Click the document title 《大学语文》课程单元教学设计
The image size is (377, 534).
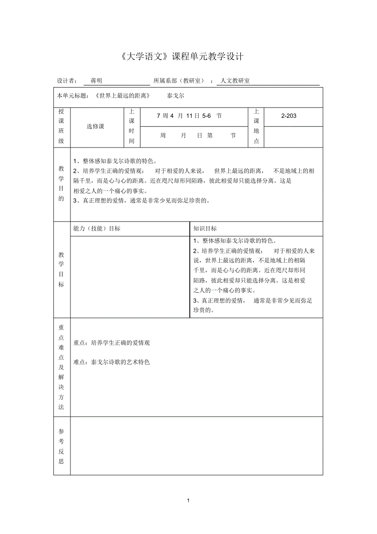pyautogui.click(x=183, y=57)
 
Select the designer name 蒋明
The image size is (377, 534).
pyautogui.click(x=96, y=81)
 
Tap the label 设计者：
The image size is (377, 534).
pyautogui.click(x=66, y=81)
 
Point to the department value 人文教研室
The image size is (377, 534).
pyautogui.click(x=235, y=81)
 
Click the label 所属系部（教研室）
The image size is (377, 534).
pyautogui.click(x=179, y=81)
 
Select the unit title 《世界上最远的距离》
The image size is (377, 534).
pyautogui.click(x=122, y=96)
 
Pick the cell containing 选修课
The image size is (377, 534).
pyautogui.click(x=95, y=126)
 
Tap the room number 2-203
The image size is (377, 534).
pyautogui.click(x=289, y=116)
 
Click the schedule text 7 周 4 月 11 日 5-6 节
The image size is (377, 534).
pyautogui.click(x=189, y=116)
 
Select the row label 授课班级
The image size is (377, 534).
pyautogui.click(x=61, y=126)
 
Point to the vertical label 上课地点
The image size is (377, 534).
pyautogui.click(x=257, y=126)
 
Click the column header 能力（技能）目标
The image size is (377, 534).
pyautogui.click(x=97, y=229)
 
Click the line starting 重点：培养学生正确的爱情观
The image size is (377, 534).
pyautogui.click(x=111, y=343)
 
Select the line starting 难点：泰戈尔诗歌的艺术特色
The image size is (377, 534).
pyautogui.click(x=111, y=362)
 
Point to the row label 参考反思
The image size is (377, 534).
pyautogui.click(x=61, y=446)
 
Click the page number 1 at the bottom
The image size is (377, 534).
pyautogui.click(x=188, y=500)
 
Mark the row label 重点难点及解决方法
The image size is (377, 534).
pyautogui.click(x=61, y=367)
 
